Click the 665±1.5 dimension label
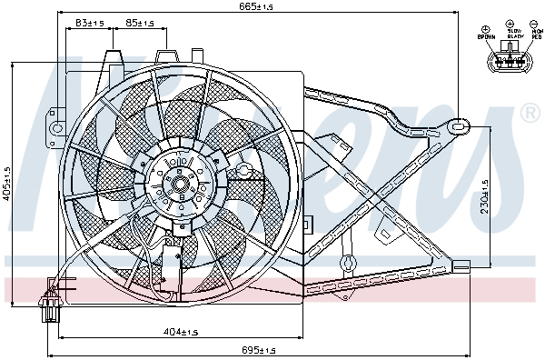click(257, 7)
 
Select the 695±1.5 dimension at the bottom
click(258, 349)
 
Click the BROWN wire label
click(486, 37)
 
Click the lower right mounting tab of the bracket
click(462, 265)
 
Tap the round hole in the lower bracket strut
click(345, 263)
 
